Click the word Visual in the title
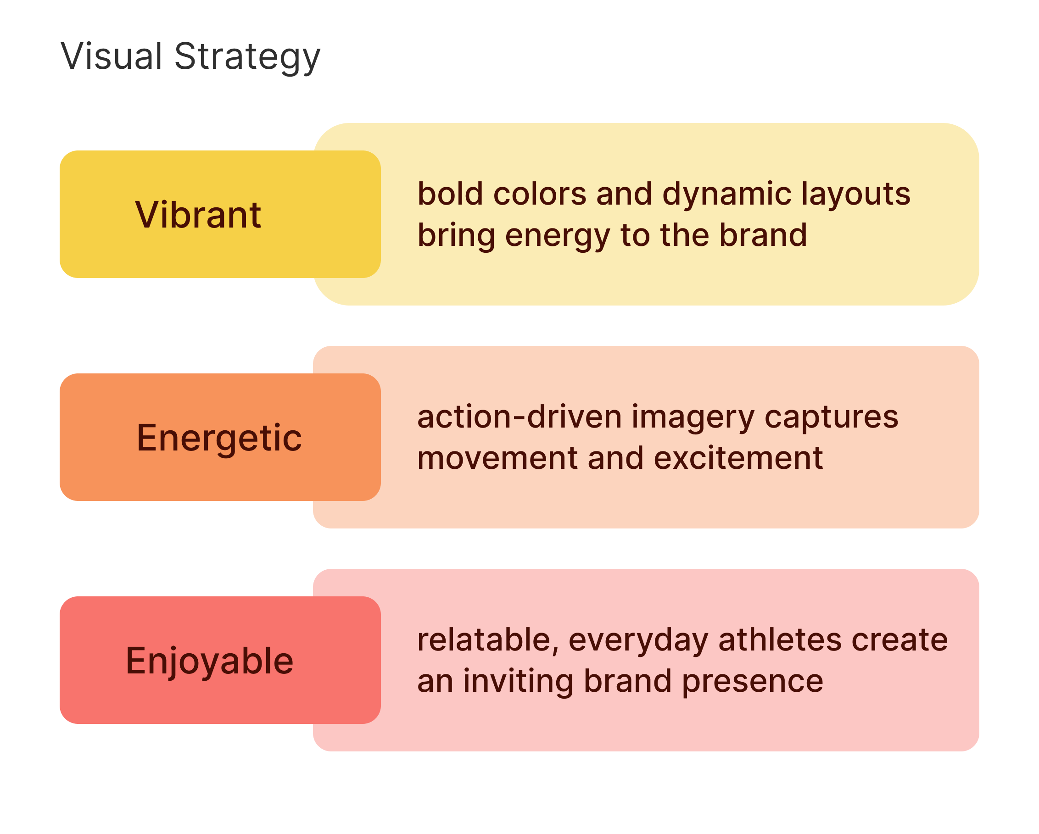click(112, 56)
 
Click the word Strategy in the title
click(247, 57)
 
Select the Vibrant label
click(198, 214)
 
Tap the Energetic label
click(219, 438)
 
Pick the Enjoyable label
click(210, 661)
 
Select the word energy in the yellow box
click(558, 236)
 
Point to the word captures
click(831, 418)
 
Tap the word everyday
click(638, 641)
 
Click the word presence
click(753, 682)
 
